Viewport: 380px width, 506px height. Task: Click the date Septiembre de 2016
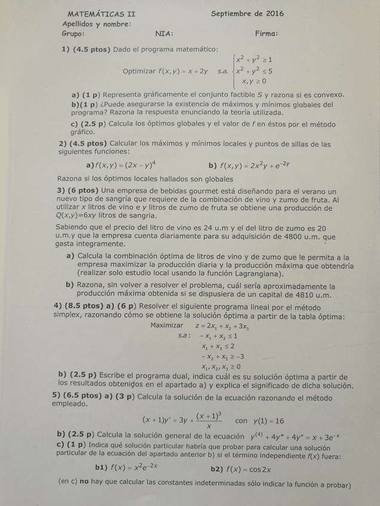tap(247, 13)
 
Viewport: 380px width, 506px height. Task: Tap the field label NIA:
tap(164, 33)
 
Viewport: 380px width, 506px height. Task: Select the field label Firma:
tap(266, 33)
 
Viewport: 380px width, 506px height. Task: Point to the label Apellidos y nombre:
tap(97, 24)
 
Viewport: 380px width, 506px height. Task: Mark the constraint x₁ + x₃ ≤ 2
tap(218, 346)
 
